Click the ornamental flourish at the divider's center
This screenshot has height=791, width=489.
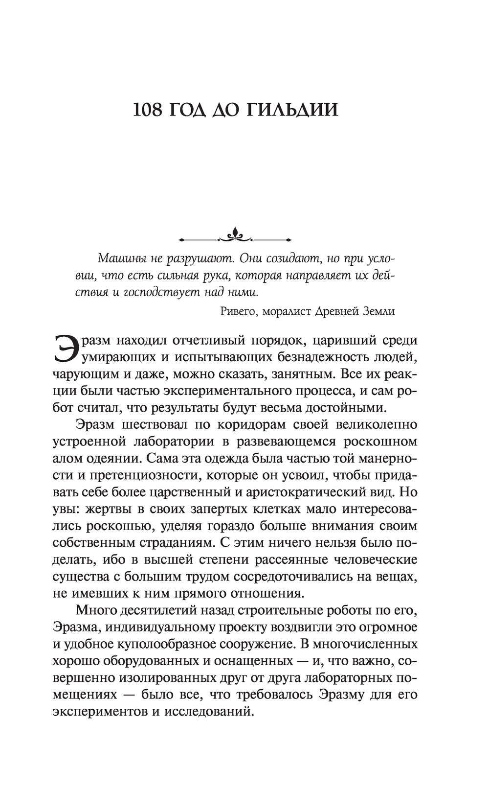[x=236, y=237]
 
